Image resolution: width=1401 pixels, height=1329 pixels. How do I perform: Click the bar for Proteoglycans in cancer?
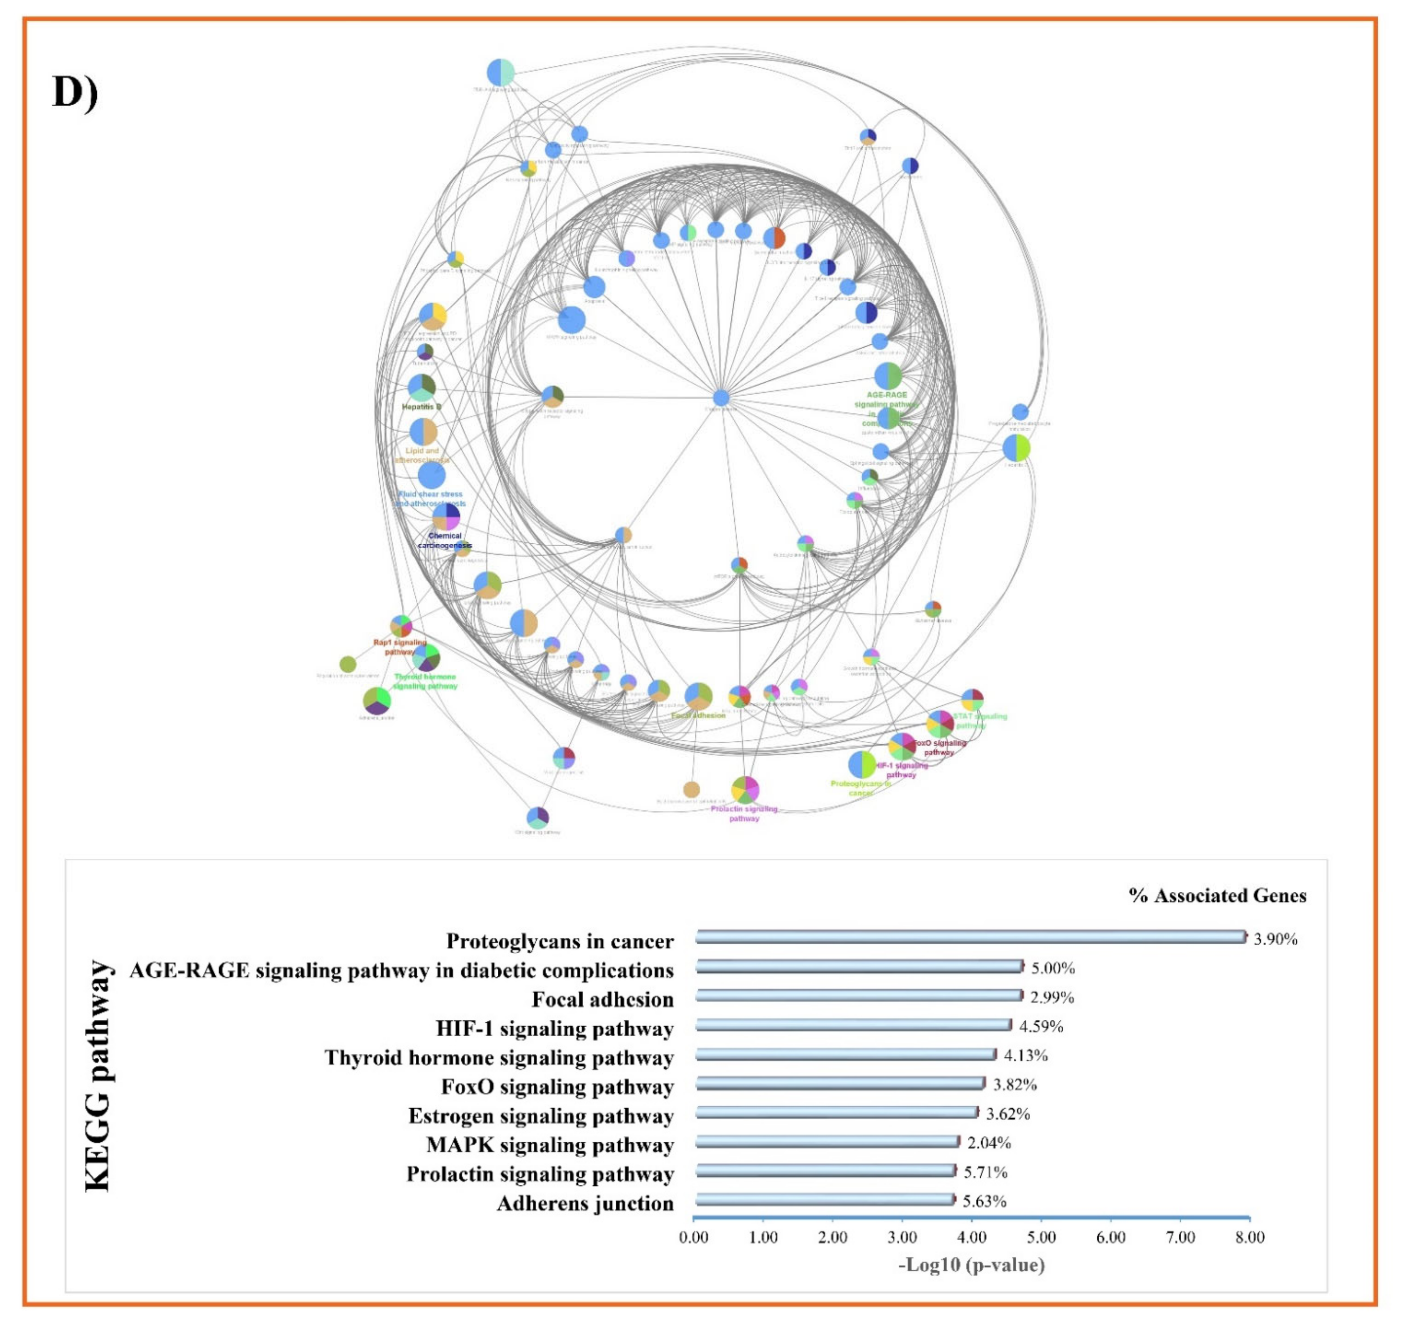970,937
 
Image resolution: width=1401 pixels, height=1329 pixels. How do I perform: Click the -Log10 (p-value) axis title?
971,1265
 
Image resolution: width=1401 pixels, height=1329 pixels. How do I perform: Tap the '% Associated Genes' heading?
1217,895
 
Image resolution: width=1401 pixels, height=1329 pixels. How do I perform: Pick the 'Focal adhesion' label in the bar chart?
603,999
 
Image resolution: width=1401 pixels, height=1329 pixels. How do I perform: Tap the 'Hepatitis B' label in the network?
421,407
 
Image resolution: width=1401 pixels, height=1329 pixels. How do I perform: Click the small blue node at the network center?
721,397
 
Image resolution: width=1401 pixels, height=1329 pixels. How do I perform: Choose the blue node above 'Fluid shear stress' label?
432,475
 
